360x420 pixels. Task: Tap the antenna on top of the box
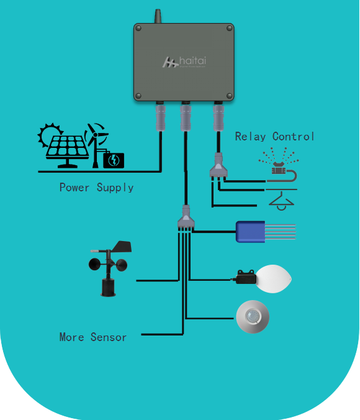[x=158, y=16]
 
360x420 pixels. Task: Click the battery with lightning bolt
[x=114, y=160]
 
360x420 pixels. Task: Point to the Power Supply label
[x=96, y=187]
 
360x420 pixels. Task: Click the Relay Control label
[x=275, y=137]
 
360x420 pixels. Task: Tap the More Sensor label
[x=93, y=337]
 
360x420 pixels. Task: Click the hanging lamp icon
[x=281, y=199]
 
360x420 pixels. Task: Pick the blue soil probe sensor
[x=251, y=231]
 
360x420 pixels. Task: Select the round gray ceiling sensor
[x=253, y=317]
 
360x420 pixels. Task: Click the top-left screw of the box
[x=138, y=29]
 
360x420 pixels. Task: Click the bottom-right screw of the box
[x=230, y=96]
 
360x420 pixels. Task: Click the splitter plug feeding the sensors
[x=186, y=218]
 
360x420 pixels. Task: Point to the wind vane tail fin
[x=123, y=247]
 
